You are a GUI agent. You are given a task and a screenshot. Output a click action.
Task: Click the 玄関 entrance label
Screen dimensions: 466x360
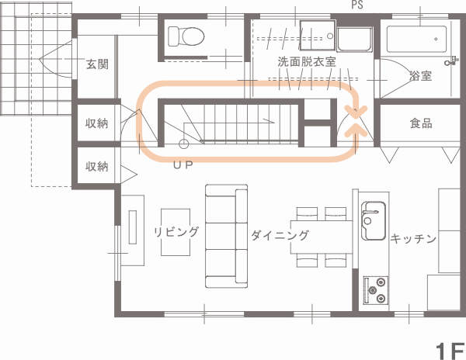(97, 64)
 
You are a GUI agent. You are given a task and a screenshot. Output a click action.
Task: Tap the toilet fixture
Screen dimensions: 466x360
(186, 36)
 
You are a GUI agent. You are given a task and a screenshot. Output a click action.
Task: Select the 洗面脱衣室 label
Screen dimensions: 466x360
(307, 62)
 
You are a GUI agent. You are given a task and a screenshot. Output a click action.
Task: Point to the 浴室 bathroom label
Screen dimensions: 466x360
(420, 76)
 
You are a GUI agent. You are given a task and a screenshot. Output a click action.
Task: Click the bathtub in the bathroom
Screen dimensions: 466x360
(416, 39)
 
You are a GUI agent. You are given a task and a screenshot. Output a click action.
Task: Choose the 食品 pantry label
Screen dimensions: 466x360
(421, 123)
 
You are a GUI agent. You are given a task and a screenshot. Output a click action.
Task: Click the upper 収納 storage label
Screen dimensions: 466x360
(96, 123)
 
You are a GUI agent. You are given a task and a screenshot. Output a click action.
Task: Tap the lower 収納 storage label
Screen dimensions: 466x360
(96, 167)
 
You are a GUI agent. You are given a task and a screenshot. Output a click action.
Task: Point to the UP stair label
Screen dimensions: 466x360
(183, 165)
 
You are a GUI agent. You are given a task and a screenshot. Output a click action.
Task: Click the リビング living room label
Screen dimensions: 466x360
(176, 232)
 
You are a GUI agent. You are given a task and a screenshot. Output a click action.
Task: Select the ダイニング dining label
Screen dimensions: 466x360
(280, 235)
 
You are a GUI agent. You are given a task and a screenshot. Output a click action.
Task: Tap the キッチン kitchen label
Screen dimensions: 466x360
(413, 238)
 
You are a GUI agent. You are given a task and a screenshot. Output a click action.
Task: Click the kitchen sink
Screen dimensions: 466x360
(374, 220)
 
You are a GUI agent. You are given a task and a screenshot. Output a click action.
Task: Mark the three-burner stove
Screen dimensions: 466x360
(376, 290)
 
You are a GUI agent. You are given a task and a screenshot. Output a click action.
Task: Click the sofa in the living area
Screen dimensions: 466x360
(227, 236)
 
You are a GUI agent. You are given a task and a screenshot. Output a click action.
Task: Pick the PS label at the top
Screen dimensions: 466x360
(357, 5)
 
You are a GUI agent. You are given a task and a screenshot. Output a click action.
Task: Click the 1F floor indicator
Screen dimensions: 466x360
(450, 351)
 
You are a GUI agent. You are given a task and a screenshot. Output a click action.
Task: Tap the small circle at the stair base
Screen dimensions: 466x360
(183, 144)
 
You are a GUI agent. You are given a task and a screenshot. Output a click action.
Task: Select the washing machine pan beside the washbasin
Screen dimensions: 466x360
(355, 39)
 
